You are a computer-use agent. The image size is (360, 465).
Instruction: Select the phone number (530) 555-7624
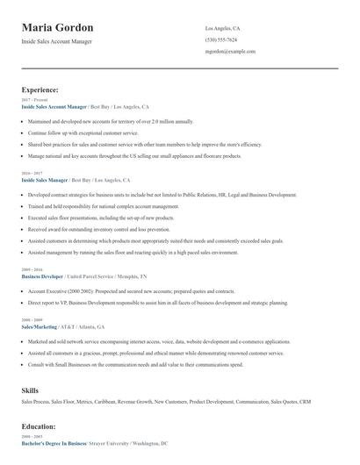tap(220, 39)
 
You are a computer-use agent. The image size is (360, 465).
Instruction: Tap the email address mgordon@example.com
tap(230, 52)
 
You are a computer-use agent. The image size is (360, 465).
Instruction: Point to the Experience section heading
tap(40, 89)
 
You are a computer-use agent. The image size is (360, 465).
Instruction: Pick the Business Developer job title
tap(43, 275)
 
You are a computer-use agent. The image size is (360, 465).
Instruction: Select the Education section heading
tap(39, 426)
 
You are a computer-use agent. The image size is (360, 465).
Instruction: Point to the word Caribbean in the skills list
tap(109, 402)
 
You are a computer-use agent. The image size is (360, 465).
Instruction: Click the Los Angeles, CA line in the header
tap(222, 28)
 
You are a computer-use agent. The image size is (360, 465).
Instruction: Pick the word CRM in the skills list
tap(305, 402)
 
